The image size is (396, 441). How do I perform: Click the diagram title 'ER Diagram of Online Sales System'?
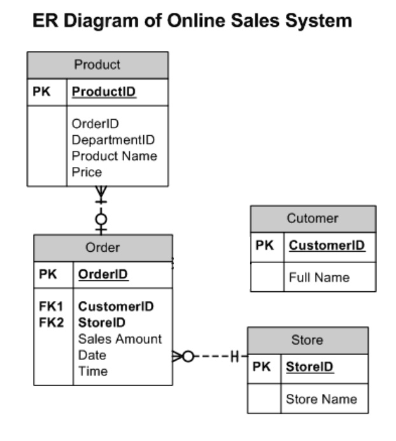point(192,21)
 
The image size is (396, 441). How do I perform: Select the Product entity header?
point(97,65)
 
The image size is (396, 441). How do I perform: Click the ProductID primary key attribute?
point(104,92)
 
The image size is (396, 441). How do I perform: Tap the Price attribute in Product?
point(87,171)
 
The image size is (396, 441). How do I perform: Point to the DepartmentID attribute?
point(113,140)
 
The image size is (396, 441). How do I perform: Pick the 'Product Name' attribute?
point(114,155)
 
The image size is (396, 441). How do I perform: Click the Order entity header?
point(103,247)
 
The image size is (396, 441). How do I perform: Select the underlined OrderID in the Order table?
point(103,275)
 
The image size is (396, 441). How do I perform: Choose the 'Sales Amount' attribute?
point(120,338)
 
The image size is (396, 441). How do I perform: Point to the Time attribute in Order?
point(92,371)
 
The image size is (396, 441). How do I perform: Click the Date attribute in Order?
point(92,355)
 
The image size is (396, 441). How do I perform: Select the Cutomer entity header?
point(312,219)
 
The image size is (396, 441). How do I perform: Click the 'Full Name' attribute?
point(319,277)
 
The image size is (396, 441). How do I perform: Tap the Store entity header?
point(307,340)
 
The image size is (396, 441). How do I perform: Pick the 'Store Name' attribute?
point(321,400)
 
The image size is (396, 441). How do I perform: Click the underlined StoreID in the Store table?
point(310,367)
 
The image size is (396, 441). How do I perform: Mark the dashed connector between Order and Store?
point(210,356)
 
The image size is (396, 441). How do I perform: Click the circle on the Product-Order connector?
point(101,220)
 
